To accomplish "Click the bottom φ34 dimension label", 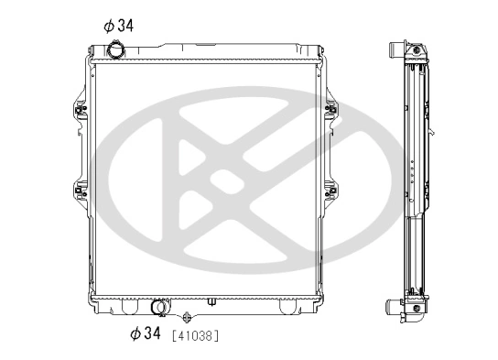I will point(145,333).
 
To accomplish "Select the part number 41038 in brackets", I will point(194,334).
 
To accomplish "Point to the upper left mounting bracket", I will point(78,107).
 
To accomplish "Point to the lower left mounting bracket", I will point(78,193).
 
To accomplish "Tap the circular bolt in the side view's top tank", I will point(417,49).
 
